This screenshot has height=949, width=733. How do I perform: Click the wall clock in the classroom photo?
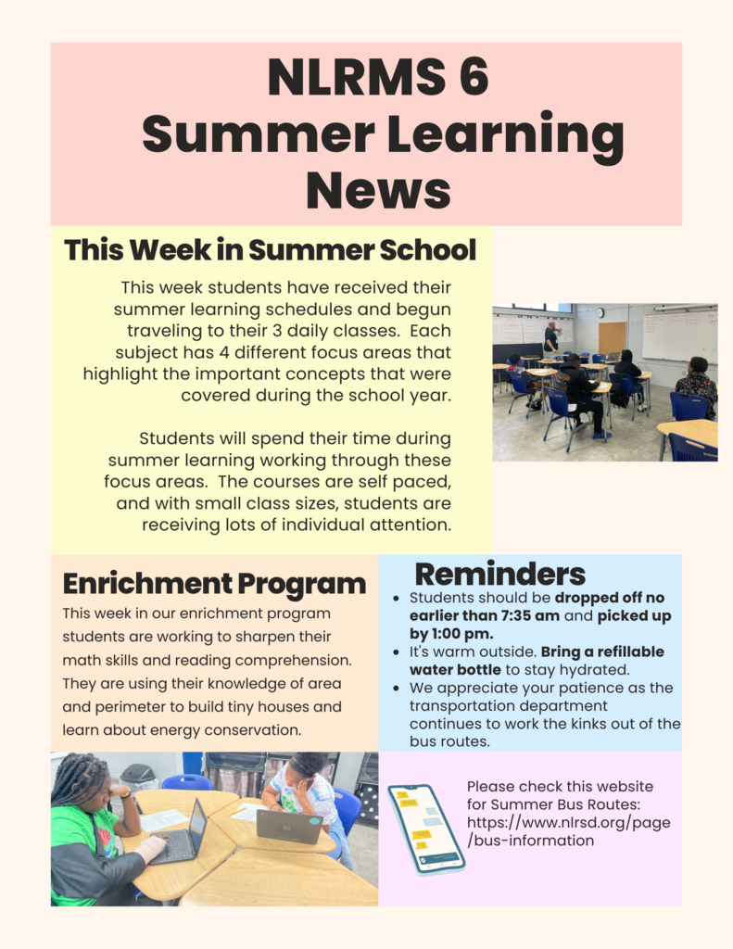tap(600, 313)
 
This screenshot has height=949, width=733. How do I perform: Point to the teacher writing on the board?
tap(550, 337)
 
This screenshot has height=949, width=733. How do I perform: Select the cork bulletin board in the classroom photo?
tap(612, 338)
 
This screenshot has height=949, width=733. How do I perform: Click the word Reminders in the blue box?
tap(500, 574)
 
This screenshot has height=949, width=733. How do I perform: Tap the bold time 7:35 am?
tap(530, 616)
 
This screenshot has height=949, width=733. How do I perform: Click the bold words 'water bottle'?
tap(455, 670)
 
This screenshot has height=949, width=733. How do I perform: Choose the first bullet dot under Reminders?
tap(396, 599)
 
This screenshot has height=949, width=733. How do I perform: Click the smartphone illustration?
tap(426, 829)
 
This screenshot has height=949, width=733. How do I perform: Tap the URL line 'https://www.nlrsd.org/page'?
tap(568, 823)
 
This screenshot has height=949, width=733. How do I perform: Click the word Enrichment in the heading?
tap(147, 584)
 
